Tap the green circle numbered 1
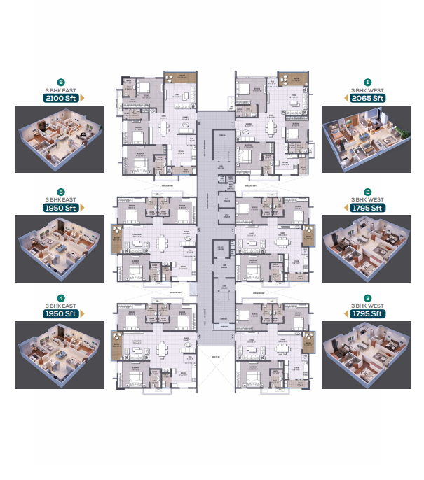[x=367, y=82]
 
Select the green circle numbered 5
[x=60, y=191]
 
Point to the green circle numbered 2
[x=367, y=191]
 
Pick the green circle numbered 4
[x=60, y=297]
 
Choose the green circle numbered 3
[x=367, y=297]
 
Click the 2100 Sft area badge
[x=60, y=98]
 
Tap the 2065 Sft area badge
[x=367, y=98]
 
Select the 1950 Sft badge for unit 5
[x=60, y=207]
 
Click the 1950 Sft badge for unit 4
[x=60, y=313]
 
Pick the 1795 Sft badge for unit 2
[x=367, y=207]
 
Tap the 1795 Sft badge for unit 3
[x=367, y=313]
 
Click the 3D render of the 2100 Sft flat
[x=60, y=139]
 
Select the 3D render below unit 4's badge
[x=60, y=355]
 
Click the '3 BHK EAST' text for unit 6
[x=60, y=90]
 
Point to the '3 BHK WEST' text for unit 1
[x=367, y=90]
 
